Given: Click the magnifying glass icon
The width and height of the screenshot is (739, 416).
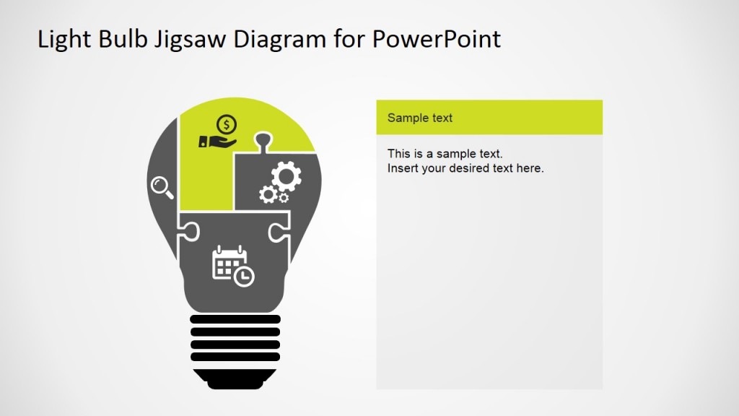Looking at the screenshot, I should (x=162, y=187).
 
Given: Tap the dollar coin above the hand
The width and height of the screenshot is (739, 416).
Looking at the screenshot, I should (x=227, y=125).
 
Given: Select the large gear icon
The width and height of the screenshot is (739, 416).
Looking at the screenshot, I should (x=286, y=175).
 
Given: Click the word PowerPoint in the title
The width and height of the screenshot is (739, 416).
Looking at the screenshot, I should (x=437, y=39).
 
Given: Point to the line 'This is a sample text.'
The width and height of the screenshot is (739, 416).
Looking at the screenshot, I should (x=445, y=154).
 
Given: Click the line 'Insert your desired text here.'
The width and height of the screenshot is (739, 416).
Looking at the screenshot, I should (x=465, y=168).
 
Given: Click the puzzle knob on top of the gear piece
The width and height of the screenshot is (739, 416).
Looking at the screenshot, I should (x=264, y=138).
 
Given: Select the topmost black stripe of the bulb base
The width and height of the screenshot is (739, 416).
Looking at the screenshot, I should (x=235, y=319).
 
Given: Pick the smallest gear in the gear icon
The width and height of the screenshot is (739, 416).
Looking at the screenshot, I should (x=284, y=197).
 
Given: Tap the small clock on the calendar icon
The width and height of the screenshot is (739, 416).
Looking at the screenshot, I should (x=245, y=277).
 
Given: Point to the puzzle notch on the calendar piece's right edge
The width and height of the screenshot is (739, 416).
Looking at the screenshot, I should (x=277, y=232).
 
